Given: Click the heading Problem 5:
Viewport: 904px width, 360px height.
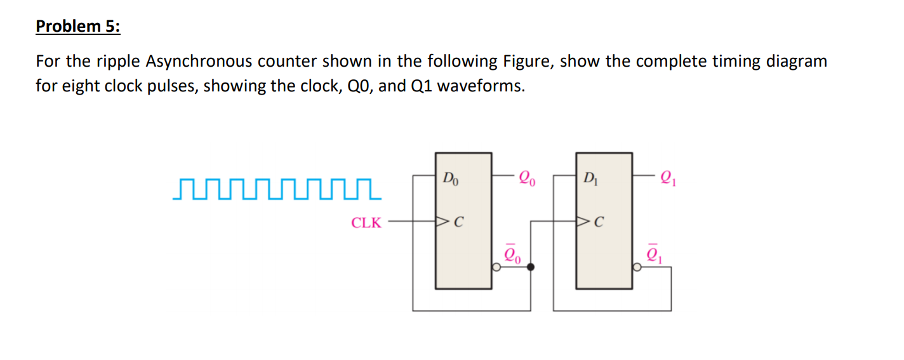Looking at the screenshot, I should (x=77, y=26).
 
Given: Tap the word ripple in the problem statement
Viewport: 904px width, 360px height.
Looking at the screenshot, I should (x=120, y=62).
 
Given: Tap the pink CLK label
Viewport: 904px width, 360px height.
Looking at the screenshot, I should (x=367, y=223).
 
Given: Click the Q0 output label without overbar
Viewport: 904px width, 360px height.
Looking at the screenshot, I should (x=527, y=177).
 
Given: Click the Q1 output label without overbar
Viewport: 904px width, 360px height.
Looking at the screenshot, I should (x=667, y=177).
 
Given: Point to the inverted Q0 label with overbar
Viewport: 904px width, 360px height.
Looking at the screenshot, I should (x=513, y=255).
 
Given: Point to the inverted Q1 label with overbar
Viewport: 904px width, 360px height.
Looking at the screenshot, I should (x=654, y=255).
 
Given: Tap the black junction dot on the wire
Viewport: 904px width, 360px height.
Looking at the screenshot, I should (x=531, y=267).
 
